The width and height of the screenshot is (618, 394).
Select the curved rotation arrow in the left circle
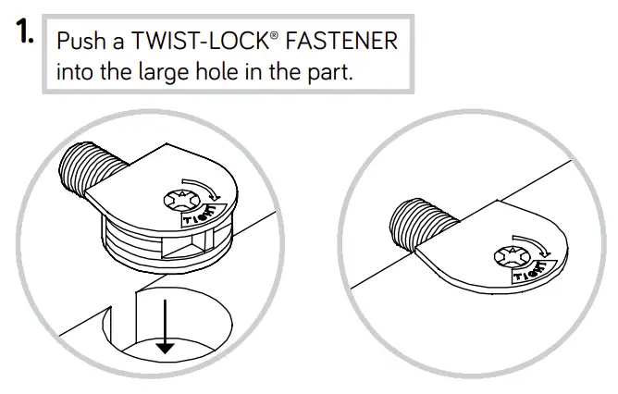[209, 190]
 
